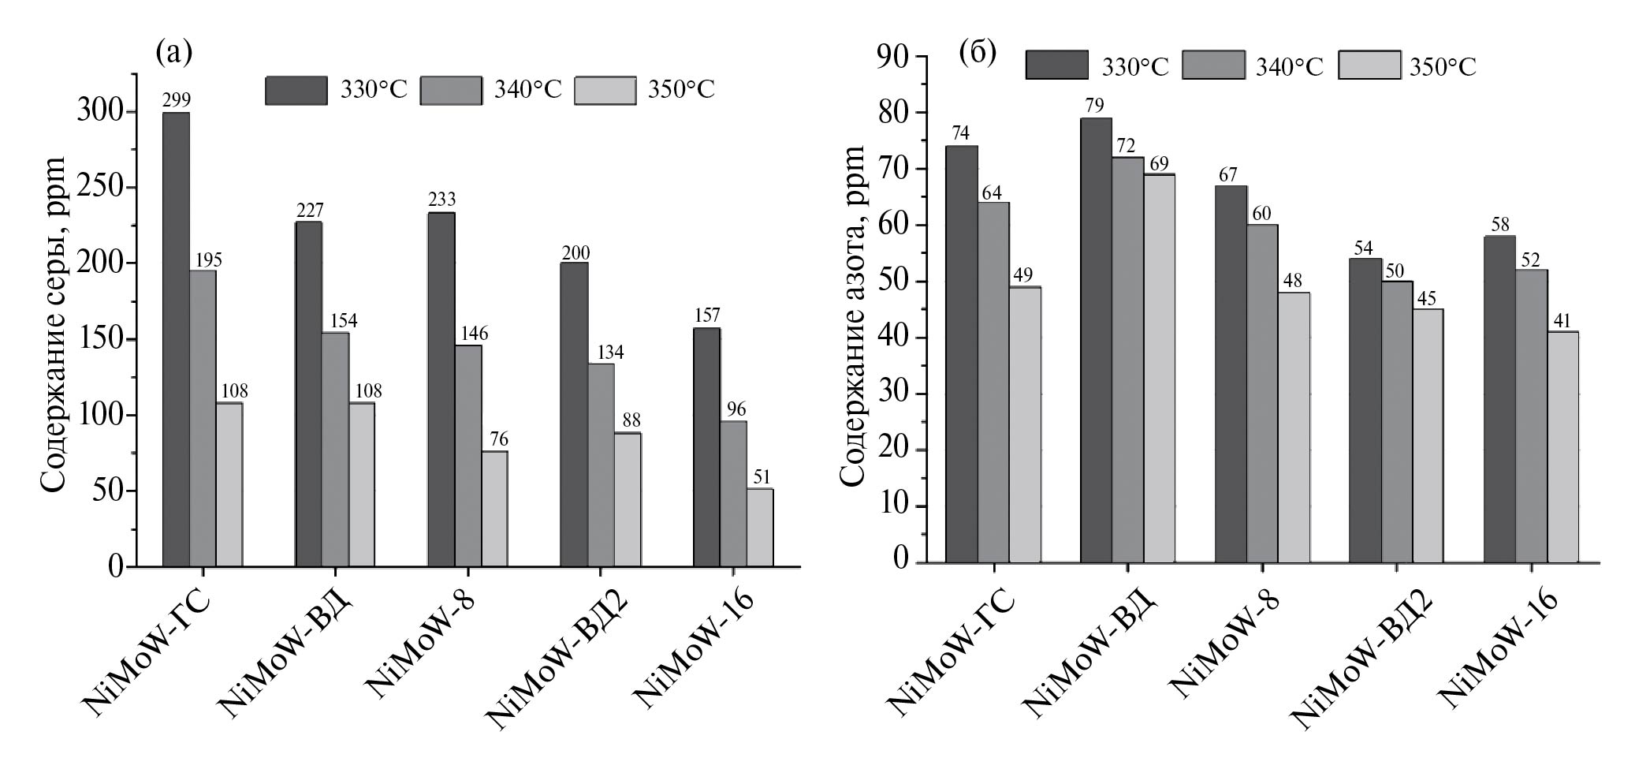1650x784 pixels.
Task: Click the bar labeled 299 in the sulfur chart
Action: click(x=176, y=339)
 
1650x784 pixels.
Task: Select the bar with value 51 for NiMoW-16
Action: click(x=760, y=527)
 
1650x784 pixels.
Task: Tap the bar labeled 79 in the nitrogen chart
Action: click(x=1096, y=339)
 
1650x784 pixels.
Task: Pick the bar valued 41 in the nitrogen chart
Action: click(x=1562, y=446)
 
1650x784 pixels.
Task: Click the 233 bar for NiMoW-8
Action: click(x=441, y=389)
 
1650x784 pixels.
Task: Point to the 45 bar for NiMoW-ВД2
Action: click(x=1428, y=435)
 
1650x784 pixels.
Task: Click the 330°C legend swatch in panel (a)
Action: click(x=296, y=91)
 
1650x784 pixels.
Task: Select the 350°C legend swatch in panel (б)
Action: click(x=1370, y=65)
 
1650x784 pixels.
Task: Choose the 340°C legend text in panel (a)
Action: click(x=528, y=90)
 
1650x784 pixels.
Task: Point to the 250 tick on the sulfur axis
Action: click(x=102, y=188)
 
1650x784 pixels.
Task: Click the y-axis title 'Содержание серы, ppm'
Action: click(x=54, y=323)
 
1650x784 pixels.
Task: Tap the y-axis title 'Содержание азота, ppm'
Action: click(x=851, y=315)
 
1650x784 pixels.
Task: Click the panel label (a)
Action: click(x=174, y=52)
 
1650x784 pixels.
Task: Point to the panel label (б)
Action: click(x=978, y=52)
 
